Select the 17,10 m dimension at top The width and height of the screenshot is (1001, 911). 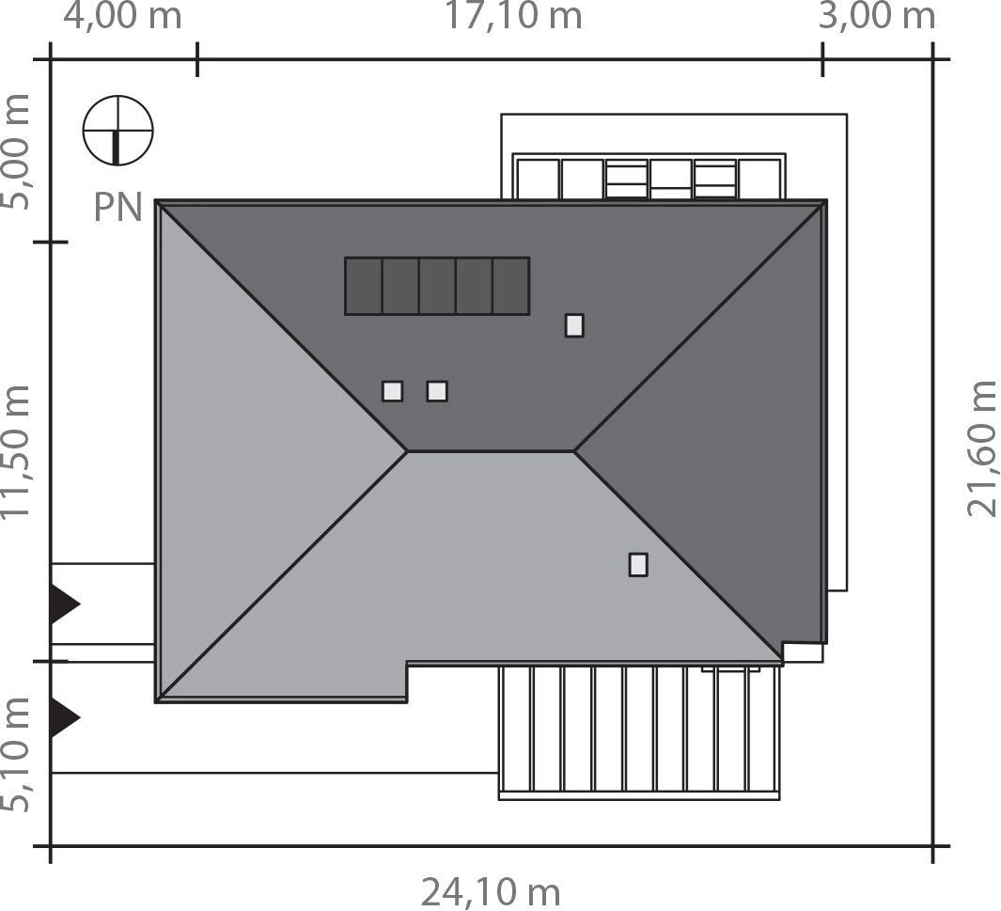(x=513, y=17)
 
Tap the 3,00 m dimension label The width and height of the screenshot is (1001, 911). (x=878, y=17)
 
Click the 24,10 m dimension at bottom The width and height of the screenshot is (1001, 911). (x=490, y=890)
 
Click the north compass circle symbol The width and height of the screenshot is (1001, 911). (x=117, y=130)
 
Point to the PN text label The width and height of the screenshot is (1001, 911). (x=117, y=208)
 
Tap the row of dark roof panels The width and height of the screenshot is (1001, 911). (x=437, y=286)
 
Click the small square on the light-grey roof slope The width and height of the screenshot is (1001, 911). (x=638, y=564)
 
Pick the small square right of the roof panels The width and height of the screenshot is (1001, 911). (x=574, y=325)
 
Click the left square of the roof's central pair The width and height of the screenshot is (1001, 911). (x=393, y=391)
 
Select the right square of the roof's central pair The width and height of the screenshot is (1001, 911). (x=437, y=391)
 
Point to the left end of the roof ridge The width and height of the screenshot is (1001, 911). (x=409, y=451)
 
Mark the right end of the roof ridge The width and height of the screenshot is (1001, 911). (x=574, y=451)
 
